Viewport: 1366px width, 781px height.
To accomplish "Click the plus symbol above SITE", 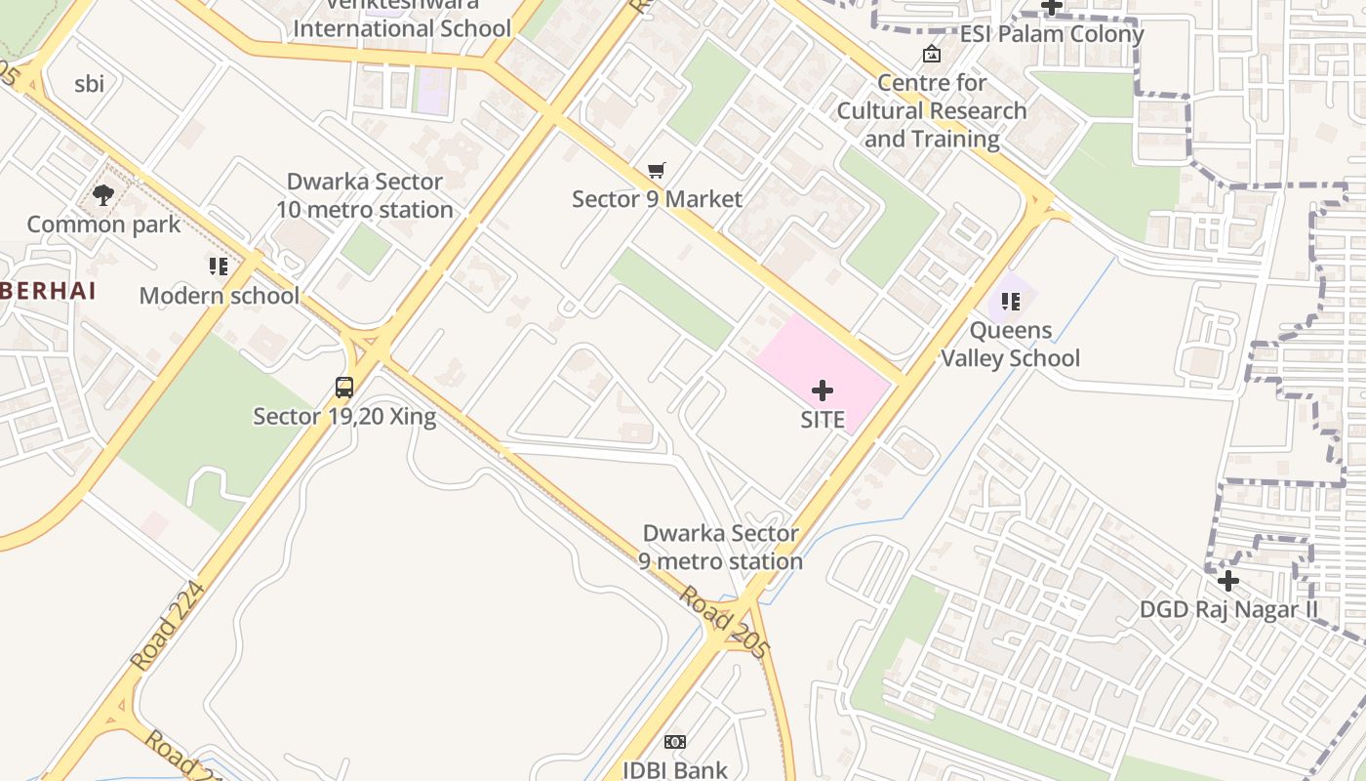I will tap(823, 390).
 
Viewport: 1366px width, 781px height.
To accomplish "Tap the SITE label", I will tap(823, 420).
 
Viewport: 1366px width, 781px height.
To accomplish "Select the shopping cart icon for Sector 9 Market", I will tap(657, 171).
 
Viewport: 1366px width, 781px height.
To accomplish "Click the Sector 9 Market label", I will tap(657, 199).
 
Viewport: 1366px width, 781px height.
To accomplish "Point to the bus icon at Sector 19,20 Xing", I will tap(344, 388).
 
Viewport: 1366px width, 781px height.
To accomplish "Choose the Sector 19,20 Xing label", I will tap(344, 417).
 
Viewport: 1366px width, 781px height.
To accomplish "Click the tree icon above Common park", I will tap(103, 195).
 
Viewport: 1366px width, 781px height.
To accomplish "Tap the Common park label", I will tap(103, 225).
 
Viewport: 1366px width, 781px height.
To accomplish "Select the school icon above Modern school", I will tap(219, 266).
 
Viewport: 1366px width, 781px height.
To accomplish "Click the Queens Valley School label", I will tap(1010, 345).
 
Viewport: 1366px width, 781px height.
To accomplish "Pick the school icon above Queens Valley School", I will tap(1010, 302).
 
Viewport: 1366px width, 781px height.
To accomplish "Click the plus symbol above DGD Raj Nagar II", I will tap(1227, 582).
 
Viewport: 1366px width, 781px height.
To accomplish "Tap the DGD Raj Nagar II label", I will tap(1228, 610).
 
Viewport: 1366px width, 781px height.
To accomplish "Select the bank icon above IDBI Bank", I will tap(675, 742).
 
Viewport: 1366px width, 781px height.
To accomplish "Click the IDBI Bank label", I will tap(675, 770).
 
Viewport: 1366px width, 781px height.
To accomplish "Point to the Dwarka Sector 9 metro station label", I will tap(720, 548).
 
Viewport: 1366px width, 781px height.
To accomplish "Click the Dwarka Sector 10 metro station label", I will tap(364, 195).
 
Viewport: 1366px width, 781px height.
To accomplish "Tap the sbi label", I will tap(89, 84).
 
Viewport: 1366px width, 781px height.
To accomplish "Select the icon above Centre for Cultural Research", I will tap(932, 54).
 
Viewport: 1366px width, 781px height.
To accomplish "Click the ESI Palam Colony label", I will tap(1051, 34).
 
